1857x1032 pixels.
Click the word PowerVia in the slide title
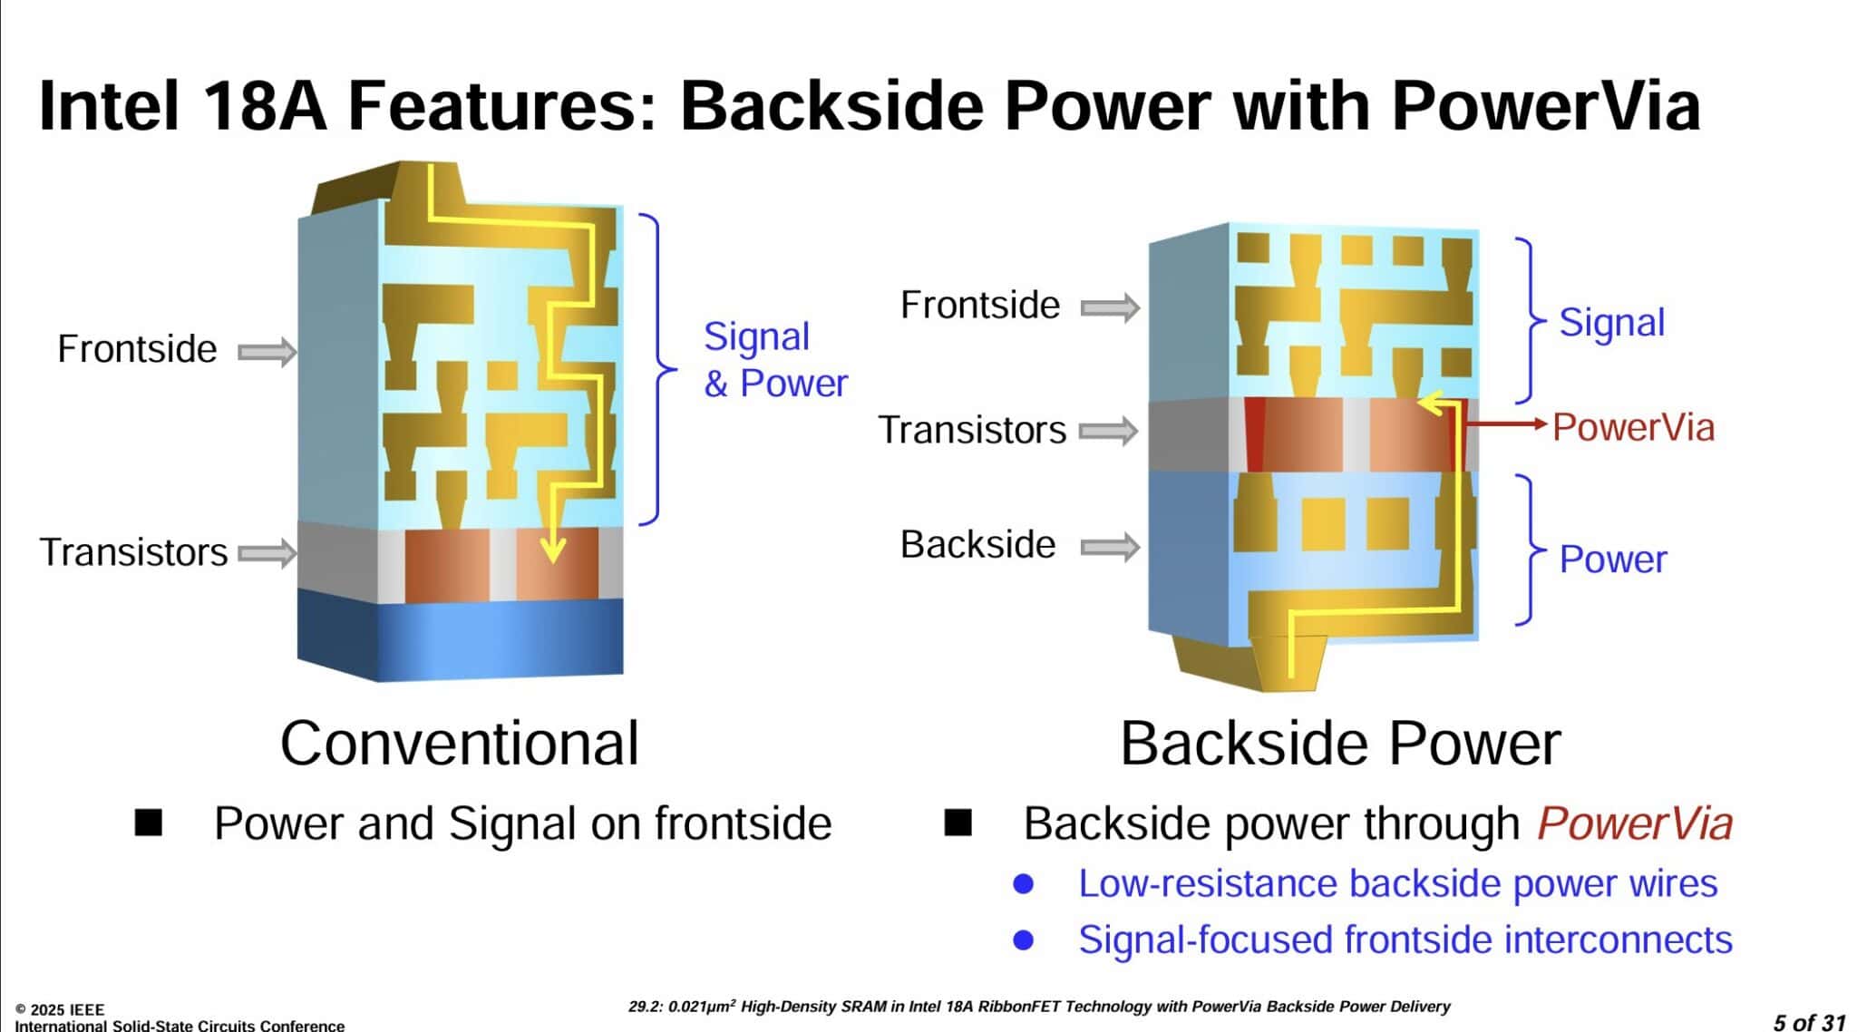pyautogui.click(x=1545, y=106)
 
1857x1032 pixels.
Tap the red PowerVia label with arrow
pyautogui.click(x=1633, y=427)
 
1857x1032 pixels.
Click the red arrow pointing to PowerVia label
pyautogui.click(x=1505, y=424)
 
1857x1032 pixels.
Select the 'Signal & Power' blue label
pyautogui.click(x=775, y=360)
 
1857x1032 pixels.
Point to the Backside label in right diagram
pyautogui.click(x=977, y=545)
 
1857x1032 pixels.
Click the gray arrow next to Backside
pyautogui.click(x=1110, y=547)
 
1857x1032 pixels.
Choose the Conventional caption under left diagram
pyautogui.click(x=460, y=744)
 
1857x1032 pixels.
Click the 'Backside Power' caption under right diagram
pyautogui.click(x=1340, y=744)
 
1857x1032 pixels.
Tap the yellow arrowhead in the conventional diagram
pyautogui.click(x=552, y=549)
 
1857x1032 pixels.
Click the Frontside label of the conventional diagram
pyautogui.click(x=137, y=349)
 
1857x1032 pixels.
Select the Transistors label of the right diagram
pyautogui.click(x=972, y=430)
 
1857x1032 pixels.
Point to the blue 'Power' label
pyautogui.click(x=1612, y=560)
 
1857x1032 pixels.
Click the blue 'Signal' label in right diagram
pyautogui.click(x=1611, y=323)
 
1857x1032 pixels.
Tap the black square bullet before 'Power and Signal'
pyautogui.click(x=148, y=823)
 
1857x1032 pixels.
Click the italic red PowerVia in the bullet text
pyautogui.click(x=1634, y=823)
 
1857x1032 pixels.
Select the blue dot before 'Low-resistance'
pyautogui.click(x=1023, y=883)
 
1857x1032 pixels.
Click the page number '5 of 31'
pyautogui.click(x=1809, y=1022)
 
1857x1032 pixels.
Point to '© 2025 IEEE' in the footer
pyautogui.click(x=60, y=1009)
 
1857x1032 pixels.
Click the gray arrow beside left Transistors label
pyautogui.click(x=267, y=552)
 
